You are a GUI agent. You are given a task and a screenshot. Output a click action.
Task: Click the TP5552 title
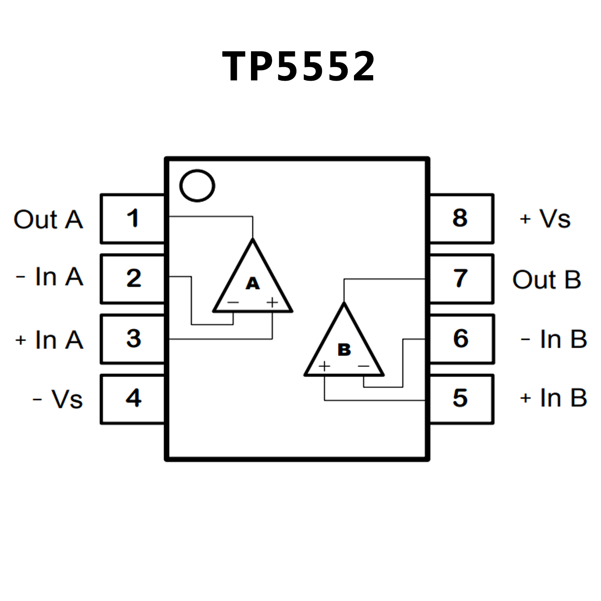point(299,67)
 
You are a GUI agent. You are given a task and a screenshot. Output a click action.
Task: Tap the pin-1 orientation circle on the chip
point(197,186)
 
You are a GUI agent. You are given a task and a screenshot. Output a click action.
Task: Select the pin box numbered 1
point(133,218)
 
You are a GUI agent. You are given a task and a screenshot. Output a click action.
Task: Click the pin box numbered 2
point(133,278)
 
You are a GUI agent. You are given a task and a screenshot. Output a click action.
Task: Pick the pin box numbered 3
point(133,339)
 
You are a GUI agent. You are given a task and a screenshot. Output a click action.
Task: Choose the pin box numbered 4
point(133,399)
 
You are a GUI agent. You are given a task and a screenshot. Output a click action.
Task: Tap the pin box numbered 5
point(461,399)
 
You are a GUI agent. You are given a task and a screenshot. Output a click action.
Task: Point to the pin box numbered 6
point(461,339)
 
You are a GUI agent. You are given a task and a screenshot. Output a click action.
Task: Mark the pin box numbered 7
point(461,278)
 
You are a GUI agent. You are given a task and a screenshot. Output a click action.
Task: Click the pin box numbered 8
point(461,218)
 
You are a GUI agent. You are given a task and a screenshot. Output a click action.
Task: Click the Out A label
point(48,219)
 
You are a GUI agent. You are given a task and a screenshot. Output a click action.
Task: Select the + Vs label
point(545,219)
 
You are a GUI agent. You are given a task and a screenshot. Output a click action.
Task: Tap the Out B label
point(547,280)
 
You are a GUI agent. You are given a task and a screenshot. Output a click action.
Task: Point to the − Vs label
point(58,399)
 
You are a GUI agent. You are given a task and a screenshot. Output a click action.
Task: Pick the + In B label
point(553,398)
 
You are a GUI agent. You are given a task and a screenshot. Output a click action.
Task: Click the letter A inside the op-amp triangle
point(253,283)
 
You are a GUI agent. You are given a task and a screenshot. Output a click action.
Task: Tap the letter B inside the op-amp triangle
point(344,349)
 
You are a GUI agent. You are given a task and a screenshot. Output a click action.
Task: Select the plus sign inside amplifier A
point(272,302)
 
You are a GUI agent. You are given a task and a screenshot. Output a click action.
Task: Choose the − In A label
point(50,277)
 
